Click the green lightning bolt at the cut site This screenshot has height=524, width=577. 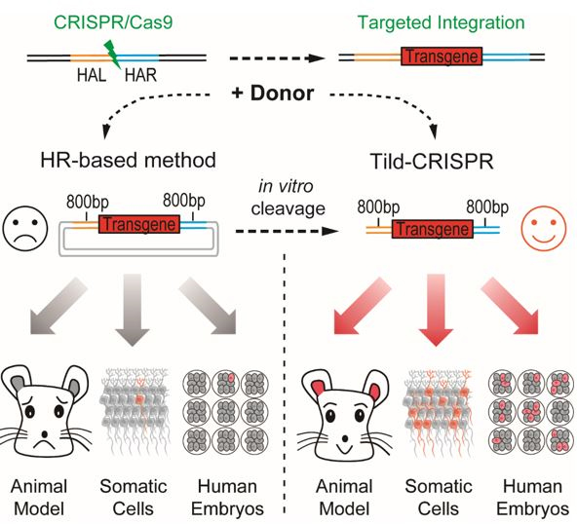click(x=113, y=55)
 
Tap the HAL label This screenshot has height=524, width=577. click(x=92, y=76)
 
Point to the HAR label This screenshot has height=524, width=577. click(x=140, y=75)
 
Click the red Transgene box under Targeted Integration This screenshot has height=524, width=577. click(x=442, y=56)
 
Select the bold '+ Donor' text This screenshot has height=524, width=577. click(x=273, y=94)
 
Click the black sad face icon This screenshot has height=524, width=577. click(x=25, y=229)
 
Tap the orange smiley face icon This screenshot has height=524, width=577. click(x=544, y=228)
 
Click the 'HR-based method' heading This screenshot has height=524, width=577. click(x=128, y=161)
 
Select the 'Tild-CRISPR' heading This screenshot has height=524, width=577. click(x=432, y=162)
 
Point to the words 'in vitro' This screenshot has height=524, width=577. click(x=286, y=186)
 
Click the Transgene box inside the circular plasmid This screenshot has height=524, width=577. click(x=139, y=224)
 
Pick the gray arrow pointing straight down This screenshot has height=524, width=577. click(x=133, y=310)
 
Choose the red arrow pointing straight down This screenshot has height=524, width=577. click(x=436, y=310)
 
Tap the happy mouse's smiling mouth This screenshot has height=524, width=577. click(x=345, y=449)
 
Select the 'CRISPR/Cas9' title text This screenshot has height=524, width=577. click(x=113, y=22)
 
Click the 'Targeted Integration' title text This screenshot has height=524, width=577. click(x=442, y=22)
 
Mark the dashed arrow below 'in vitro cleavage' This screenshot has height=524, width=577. click(x=287, y=231)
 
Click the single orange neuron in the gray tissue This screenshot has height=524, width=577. click(x=139, y=399)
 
